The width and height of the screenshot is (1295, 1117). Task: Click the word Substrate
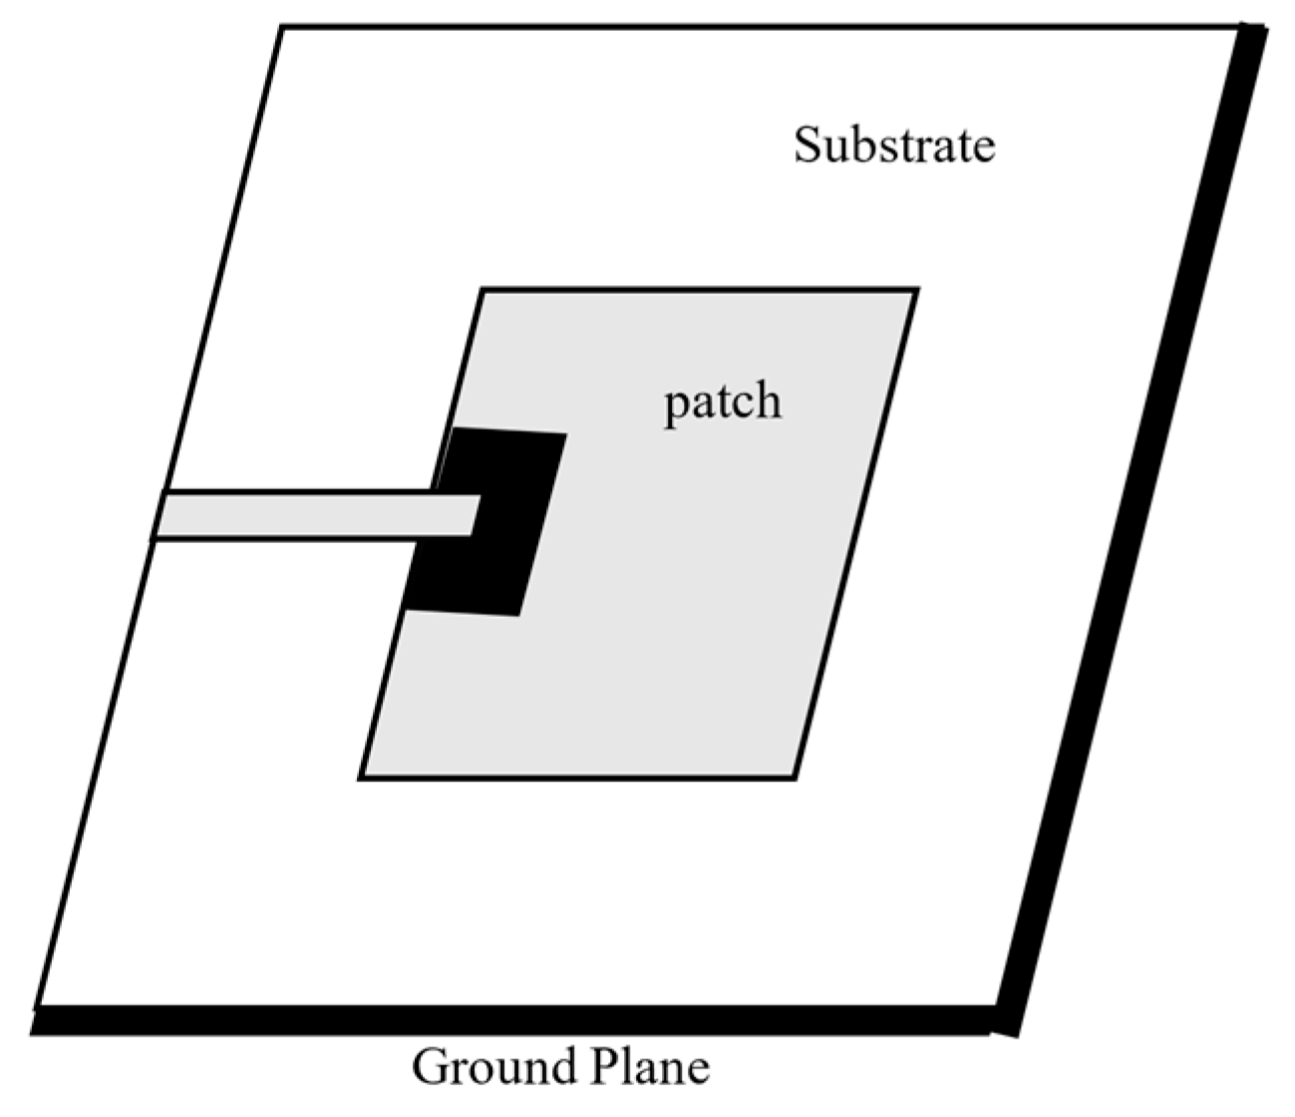(x=893, y=145)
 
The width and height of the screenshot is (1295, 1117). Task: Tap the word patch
(x=723, y=403)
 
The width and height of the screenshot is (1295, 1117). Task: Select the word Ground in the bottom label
(x=494, y=1067)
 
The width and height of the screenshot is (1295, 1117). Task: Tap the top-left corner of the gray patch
(x=483, y=290)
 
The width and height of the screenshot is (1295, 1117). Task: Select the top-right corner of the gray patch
(x=916, y=290)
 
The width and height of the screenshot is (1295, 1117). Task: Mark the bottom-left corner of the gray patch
(x=360, y=777)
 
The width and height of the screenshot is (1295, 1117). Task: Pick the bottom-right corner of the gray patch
(x=795, y=777)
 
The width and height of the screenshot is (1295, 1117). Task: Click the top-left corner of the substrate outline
(x=282, y=28)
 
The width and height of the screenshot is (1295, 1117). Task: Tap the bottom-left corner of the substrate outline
(x=37, y=1006)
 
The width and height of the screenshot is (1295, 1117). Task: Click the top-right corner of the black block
(x=565, y=434)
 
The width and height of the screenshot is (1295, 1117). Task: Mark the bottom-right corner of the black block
(x=518, y=615)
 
